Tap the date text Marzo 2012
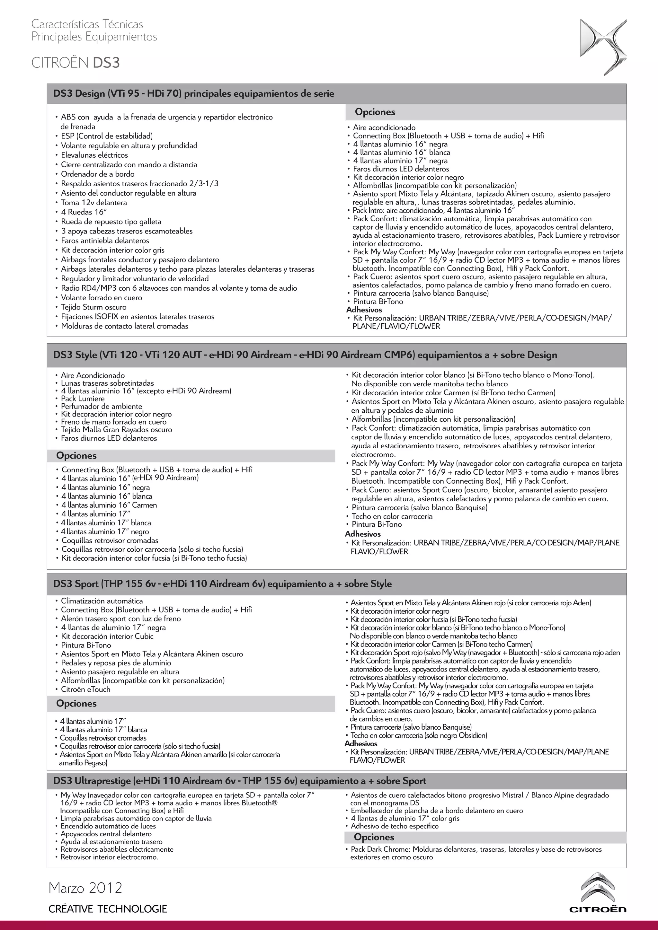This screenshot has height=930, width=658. (85, 888)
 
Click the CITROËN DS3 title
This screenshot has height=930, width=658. (76, 63)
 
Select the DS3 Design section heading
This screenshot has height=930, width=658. (194, 94)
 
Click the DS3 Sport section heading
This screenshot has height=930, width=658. (222, 584)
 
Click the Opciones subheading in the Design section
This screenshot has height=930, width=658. (375, 112)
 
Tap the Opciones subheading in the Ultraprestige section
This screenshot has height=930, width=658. (374, 837)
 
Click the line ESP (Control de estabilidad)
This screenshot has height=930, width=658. (107, 136)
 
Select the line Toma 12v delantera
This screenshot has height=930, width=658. (93, 203)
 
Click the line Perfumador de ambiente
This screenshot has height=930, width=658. (101, 406)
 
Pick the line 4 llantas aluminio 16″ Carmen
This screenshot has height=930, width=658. (109, 505)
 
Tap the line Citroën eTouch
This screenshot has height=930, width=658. (85, 689)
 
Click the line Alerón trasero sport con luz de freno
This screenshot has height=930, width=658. (121, 619)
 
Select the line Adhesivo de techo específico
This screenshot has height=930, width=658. (395, 826)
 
